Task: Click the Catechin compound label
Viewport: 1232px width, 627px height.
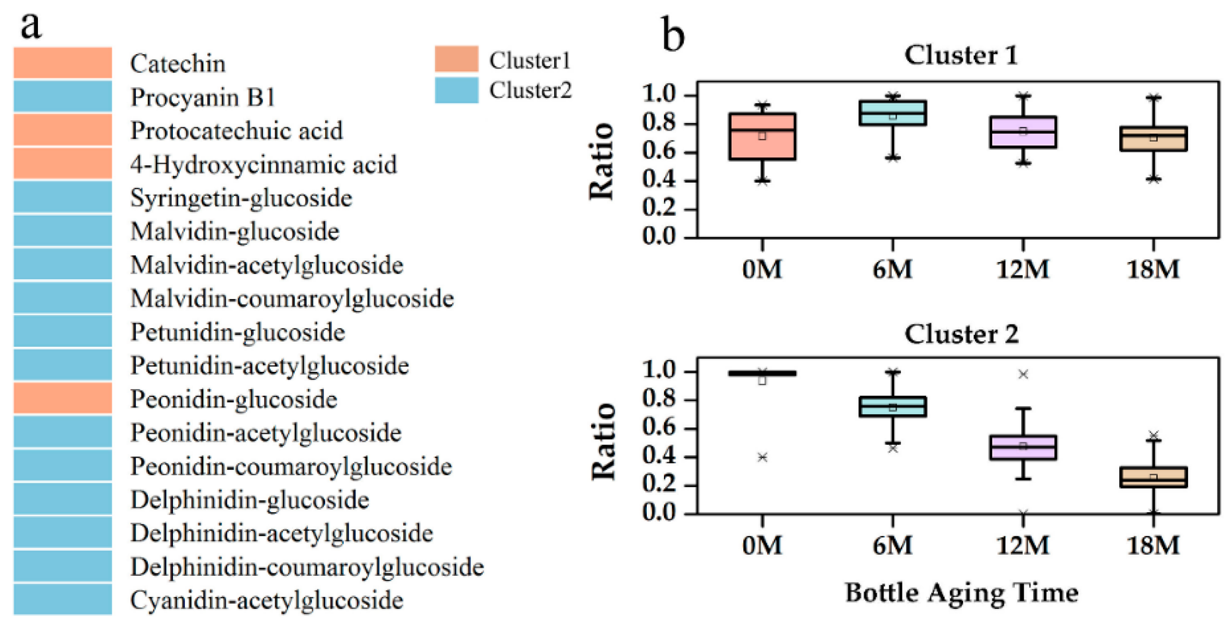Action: pos(177,64)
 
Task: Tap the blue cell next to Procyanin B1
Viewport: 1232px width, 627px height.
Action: pos(63,97)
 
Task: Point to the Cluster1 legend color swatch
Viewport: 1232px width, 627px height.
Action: pos(456,59)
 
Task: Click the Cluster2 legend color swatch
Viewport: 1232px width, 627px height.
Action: pos(456,90)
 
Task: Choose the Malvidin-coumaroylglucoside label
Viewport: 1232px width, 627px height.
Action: pos(292,298)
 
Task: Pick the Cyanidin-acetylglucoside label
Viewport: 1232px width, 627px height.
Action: pos(266,600)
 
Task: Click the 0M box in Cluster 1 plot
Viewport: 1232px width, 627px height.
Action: pos(762,136)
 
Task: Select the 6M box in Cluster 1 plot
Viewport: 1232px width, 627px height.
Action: pos(892,113)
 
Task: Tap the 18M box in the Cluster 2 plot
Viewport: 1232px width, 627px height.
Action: pos(1153,477)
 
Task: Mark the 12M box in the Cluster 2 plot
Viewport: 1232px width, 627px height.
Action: pos(1023,447)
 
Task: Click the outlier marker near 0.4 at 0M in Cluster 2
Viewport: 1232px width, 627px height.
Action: pos(762,458)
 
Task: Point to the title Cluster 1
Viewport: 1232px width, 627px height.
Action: pos(961,55)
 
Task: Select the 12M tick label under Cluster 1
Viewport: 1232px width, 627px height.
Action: pos(1023,269)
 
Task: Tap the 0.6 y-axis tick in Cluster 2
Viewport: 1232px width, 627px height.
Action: pos(659,427)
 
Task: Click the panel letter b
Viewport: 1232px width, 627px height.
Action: pos(673,34)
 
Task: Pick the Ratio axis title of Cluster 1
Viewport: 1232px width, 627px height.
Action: pos(602,161)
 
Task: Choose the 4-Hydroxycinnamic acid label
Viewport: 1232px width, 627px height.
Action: pos(263,165)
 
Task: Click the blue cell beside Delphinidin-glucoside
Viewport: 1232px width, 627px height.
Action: pos(63,499)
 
